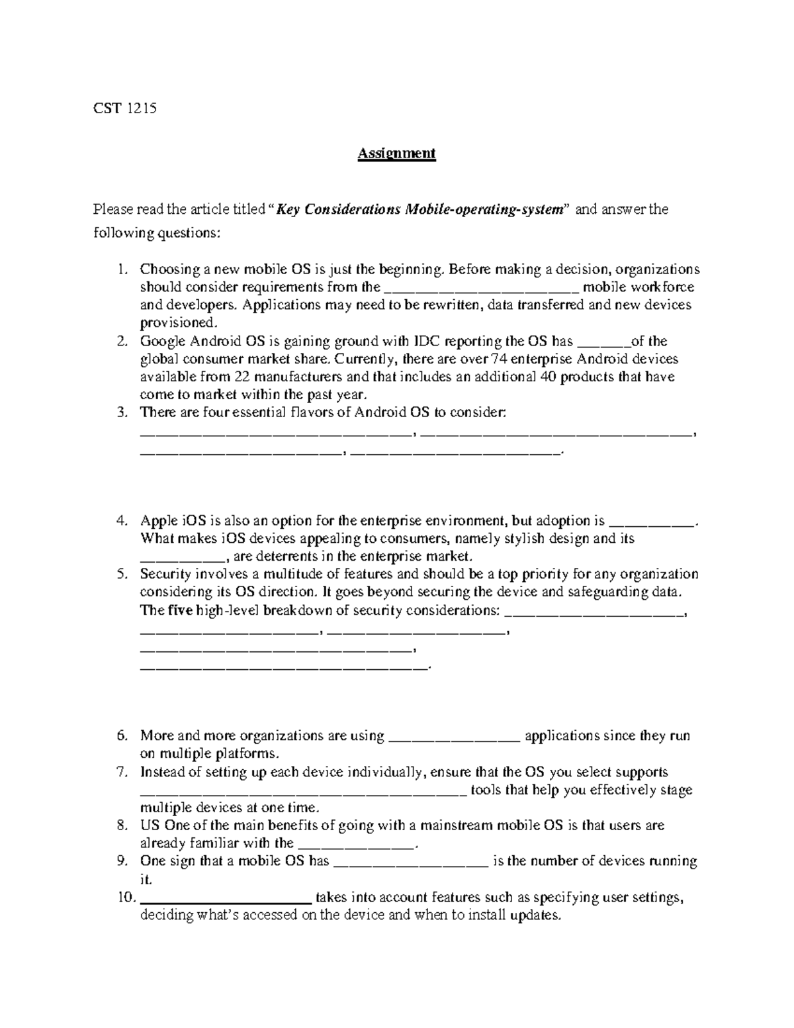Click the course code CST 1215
coord(124,109)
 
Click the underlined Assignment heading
coord(396,154)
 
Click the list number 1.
coord(121,269)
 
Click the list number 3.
coord(121,413)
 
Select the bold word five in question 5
coord(180,610)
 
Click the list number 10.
coord(125,898)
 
